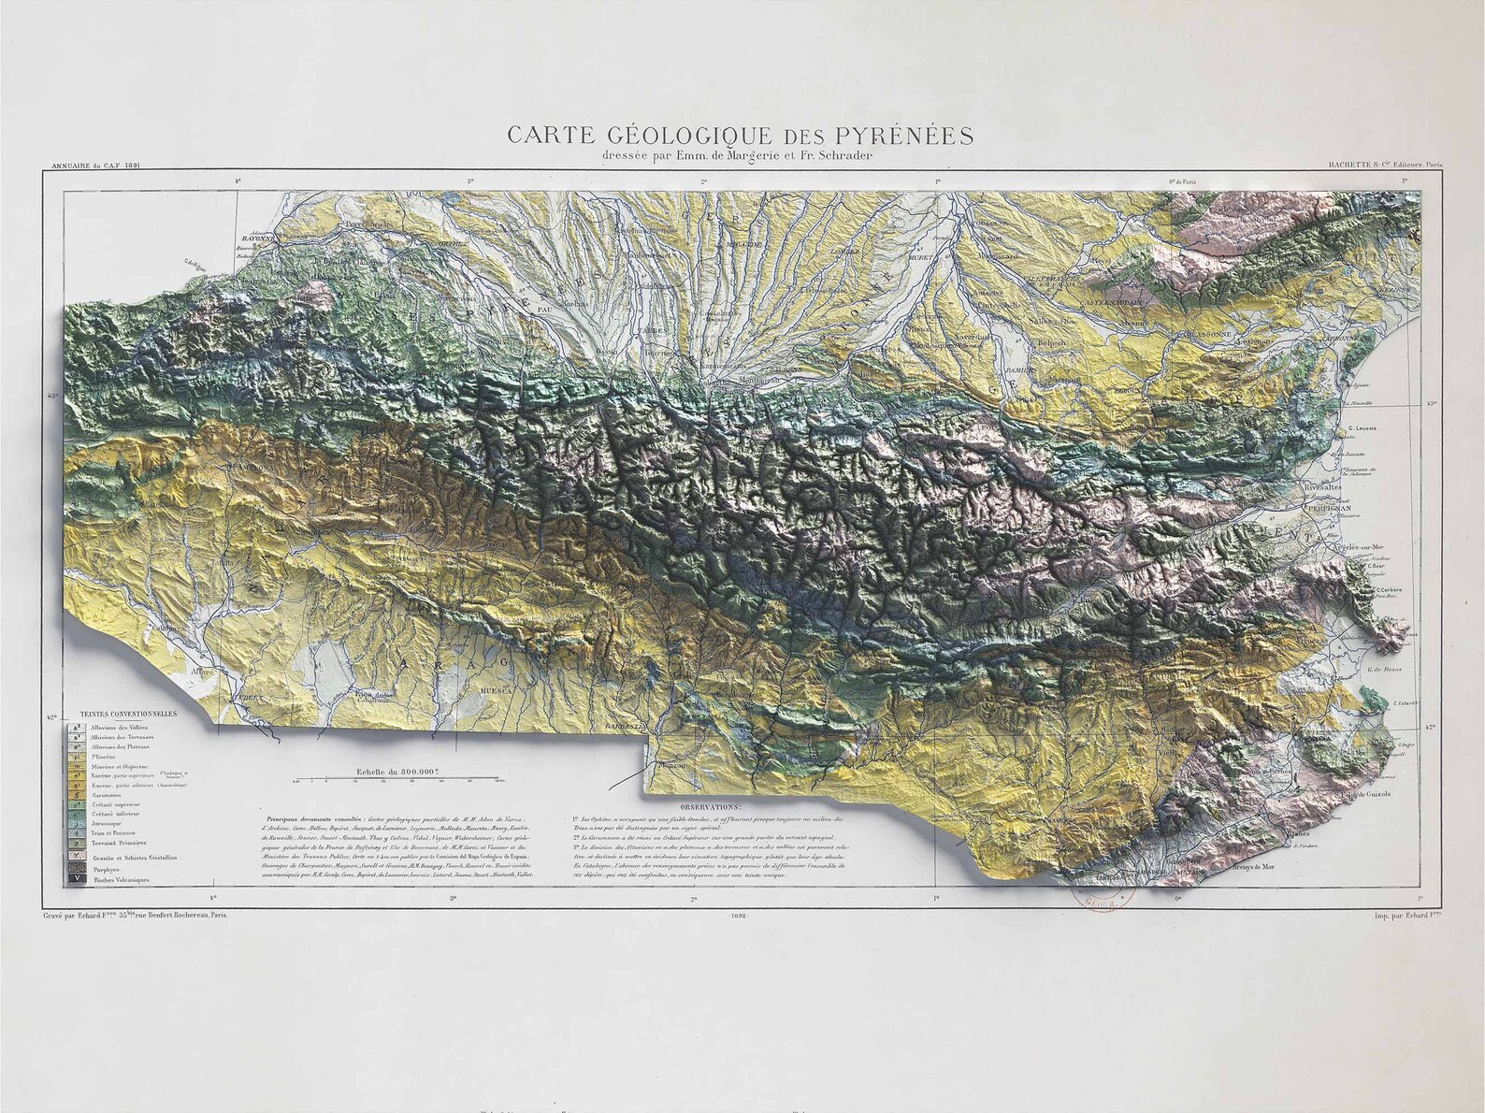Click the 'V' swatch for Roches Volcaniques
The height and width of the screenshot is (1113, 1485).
[71, 878]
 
